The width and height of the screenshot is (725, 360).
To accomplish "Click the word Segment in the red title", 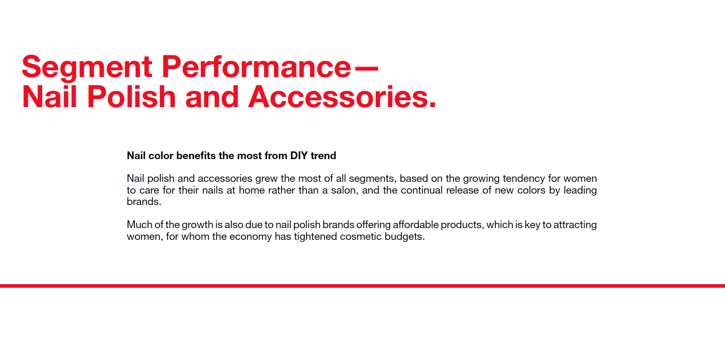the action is coord(87,68).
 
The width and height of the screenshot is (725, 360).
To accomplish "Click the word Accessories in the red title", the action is coord(342,97).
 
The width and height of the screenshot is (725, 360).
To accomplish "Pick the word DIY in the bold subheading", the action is coord(299,155).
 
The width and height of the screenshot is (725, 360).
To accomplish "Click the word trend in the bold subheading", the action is coord(323,155).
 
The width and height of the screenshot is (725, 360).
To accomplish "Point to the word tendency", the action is coord(524,179).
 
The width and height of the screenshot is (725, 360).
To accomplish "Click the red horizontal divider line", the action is coord(362,286).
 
